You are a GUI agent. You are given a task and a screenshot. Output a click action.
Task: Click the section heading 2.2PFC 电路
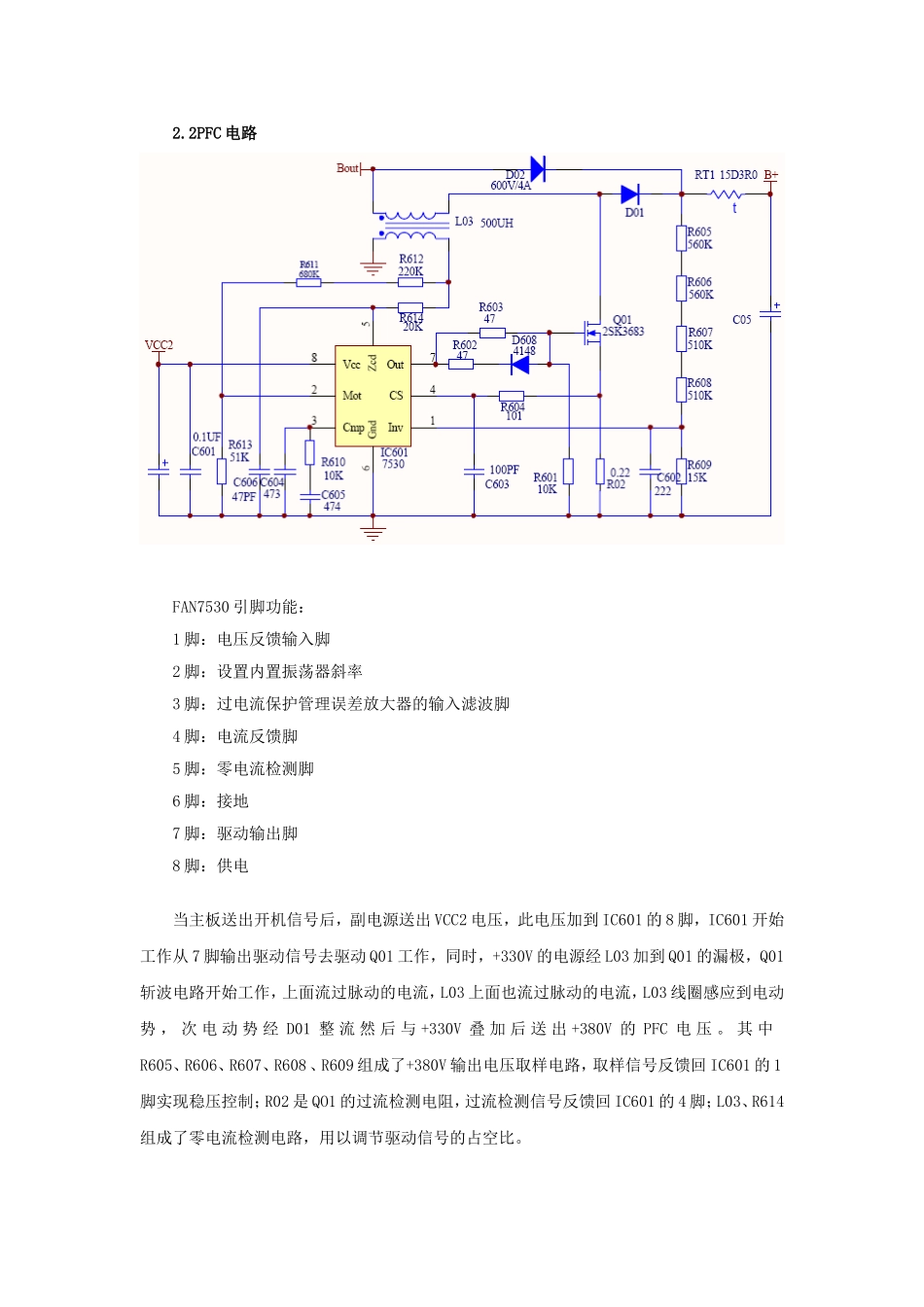[214, 133]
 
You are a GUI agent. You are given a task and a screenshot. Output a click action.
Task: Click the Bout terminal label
[347, 168]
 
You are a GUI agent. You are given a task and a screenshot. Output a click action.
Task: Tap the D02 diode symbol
[537, 168]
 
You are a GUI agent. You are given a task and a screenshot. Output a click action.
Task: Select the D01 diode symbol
[630, 194]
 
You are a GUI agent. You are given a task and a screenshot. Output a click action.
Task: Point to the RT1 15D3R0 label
[726, 175]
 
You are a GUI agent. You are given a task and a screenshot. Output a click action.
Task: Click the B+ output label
[770, 176]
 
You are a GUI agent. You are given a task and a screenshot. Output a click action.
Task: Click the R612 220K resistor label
[410, 265]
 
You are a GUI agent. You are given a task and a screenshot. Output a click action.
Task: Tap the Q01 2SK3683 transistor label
[623, 326]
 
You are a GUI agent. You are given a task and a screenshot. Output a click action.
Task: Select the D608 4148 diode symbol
[520, 365]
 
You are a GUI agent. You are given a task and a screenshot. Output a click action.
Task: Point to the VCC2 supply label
[159, 345]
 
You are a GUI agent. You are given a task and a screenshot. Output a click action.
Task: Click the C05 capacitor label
[741, 319]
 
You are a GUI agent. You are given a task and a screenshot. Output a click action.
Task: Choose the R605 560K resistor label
[699, 238]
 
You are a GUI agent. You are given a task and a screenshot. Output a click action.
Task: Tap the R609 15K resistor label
[698, 472]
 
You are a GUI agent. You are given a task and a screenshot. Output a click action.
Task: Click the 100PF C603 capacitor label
[502, 477]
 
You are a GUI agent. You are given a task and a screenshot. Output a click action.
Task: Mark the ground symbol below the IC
[373, 532]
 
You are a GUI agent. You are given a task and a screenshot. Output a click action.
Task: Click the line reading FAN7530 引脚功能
[238, 607]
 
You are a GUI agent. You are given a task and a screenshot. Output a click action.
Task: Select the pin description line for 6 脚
[210, 801]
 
